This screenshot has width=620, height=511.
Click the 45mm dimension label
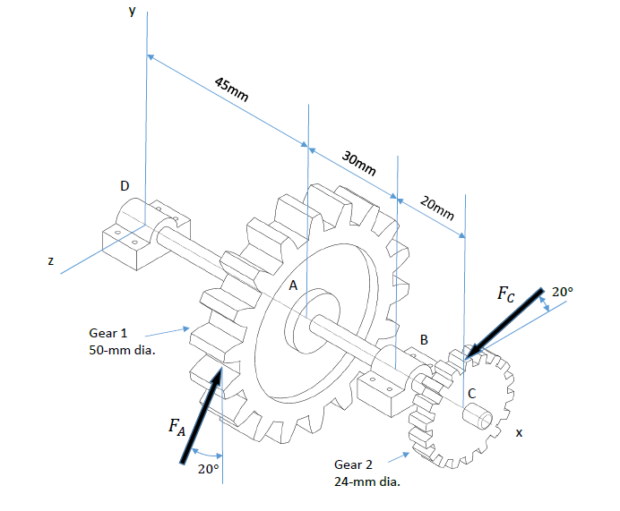(232, 90)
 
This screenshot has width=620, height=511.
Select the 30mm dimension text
(358, 163)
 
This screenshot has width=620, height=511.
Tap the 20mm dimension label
(437, 209)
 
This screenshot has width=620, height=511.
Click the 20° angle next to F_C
(561, 292)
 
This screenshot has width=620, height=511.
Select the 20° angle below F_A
(208, 469)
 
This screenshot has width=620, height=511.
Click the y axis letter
(132, 11)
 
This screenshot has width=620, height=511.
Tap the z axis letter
(51, 261)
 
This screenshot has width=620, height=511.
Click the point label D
(125, 185)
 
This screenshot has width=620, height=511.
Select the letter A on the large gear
(291, 285)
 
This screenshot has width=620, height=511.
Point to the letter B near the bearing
(424, 340)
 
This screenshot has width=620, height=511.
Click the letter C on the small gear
(471, 393)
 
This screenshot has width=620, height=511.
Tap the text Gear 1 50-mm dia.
(122, 341)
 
